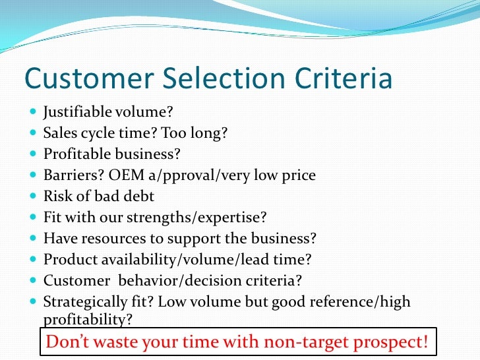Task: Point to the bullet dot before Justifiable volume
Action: (33, 113)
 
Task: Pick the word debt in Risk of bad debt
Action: (141, 196)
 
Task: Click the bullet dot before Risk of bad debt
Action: (33, 196)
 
